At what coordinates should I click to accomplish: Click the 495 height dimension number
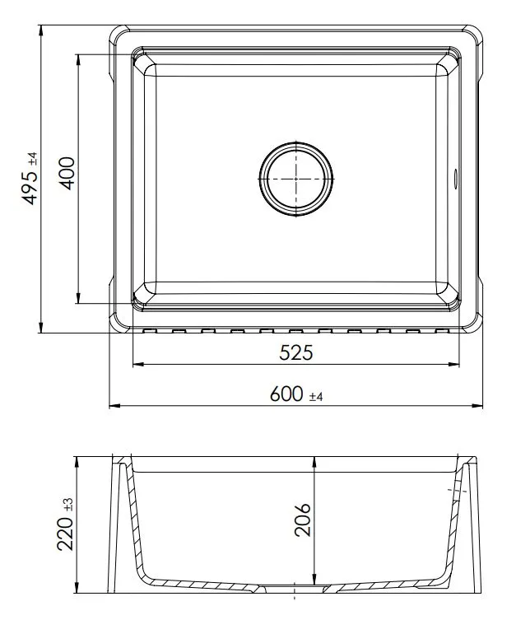click(30, 188)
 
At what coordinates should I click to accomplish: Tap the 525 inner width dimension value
click(296, 352)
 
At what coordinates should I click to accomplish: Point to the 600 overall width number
click(286, 394)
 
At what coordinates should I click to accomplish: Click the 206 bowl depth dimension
click(302, 520)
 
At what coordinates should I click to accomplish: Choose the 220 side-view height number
click(66, 534)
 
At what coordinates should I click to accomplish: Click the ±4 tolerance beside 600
click(316, 396)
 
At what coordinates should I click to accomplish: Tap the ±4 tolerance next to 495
click(33, 158)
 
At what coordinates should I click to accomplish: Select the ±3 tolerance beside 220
click(68, 504)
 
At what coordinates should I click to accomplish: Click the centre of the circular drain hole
click(296, 179)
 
